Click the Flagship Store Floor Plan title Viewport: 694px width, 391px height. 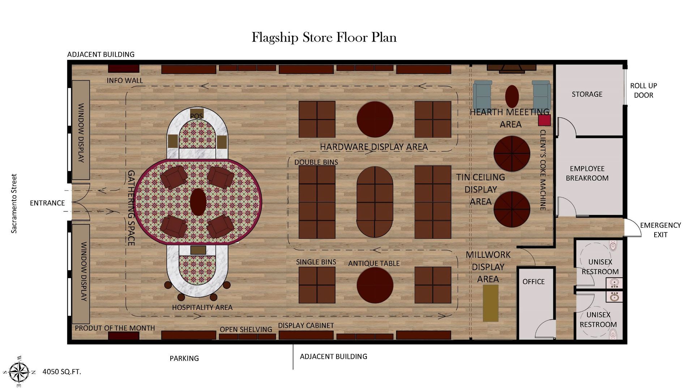[324, 38]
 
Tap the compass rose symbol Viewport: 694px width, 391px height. [19, 371]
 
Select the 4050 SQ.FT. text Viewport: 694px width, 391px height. [62, 372]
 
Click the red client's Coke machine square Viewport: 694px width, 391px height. [544, 120]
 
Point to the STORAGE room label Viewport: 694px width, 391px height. [587, 94]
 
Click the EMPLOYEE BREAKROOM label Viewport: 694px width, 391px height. [587, 173]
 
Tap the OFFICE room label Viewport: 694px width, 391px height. [534, 282]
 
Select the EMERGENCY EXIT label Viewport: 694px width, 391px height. [660, 230]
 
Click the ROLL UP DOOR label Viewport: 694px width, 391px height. [643, 91]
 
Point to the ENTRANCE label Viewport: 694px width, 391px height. [47, 203]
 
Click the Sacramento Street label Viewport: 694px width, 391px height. [14, 203]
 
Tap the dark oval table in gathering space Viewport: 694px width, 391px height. [198, 202]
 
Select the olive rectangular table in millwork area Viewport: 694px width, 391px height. [490, 303]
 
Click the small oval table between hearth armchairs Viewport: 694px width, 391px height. [512, 96]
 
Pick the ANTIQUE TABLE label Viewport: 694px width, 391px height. [374, 264]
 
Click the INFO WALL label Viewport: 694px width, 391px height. [125, 80]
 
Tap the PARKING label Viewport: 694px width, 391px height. [184, 358]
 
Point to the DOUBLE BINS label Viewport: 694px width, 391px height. [316, 162]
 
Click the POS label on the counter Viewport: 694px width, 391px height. [196, 116]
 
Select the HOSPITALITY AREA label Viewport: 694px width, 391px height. [202, 307]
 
